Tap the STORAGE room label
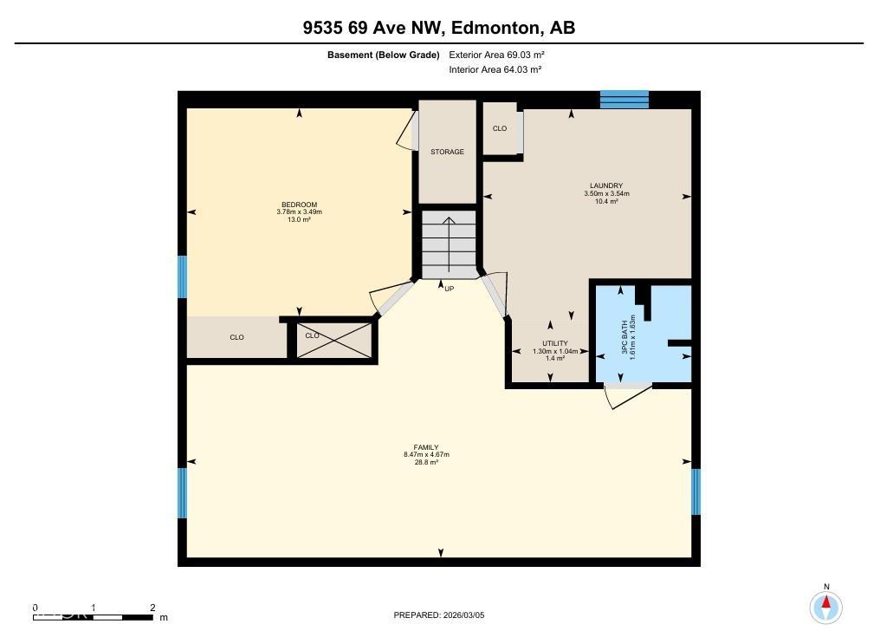(x=448, y=152)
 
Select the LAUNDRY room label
(x=606, y=185)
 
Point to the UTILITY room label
(x=554, y=344)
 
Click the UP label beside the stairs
(x=449, y=289)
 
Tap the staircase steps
(x=449, y=244)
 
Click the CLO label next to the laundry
(x=500, y=129)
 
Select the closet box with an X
(x=333, y=340)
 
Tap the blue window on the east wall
(x=696, y=491)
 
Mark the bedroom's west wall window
(x=183, y=276)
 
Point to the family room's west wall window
(x=183, y=492)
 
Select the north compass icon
(x=826, y=604)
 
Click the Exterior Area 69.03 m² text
(x=496, y=55)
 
